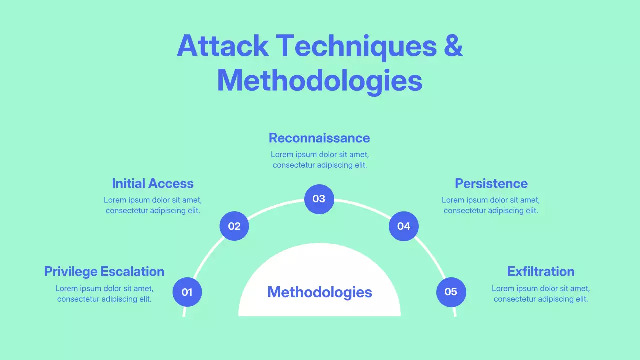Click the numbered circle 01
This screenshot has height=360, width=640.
tap(187, 292)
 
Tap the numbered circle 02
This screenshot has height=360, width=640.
tap(234, 226)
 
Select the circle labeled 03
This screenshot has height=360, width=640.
tap(319, 199)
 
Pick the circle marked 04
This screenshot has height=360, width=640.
tap(404, 226)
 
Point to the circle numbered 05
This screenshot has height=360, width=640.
tap(451, 292)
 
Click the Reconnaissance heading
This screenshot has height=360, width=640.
tap(319, 138)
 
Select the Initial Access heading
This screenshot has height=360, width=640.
tap(153, 183)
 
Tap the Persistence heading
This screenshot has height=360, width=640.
tap(491, 183)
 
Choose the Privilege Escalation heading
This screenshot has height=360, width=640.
tap(104, 271)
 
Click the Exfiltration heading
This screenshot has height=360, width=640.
tap(540, 271)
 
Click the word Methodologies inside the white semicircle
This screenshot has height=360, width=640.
tap(319, 292)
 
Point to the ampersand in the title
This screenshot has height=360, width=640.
tap(453, 46)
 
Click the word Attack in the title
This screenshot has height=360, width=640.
tap(222, 46)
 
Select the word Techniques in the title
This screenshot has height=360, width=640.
tap(356, 46)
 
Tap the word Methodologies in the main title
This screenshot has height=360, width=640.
tap(319, 81)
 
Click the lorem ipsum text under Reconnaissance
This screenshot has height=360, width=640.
tap(319, 159)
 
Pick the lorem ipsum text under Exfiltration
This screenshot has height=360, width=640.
tap(540, 293)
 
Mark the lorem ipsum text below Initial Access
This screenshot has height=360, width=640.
tap(153, 205)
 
